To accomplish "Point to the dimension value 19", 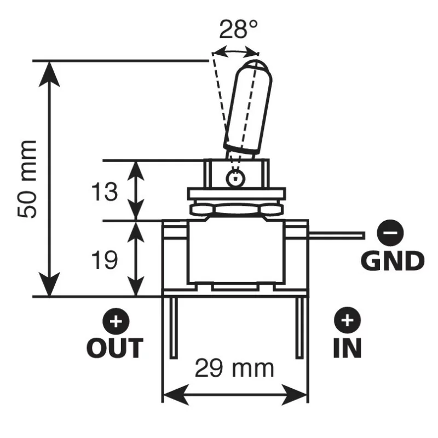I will (x=103, y=261).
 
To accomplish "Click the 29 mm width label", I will (x=234, y=368).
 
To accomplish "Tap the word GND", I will (x=393, y=261).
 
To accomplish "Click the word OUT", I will (x=115, y=347).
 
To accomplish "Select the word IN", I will (x=348, y=347).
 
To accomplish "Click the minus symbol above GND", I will (x=390, y=234).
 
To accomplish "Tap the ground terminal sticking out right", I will (x=337, y=235).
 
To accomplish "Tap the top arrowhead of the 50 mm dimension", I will (x=50, y=68).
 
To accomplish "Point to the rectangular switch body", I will (x=235, y=252).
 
